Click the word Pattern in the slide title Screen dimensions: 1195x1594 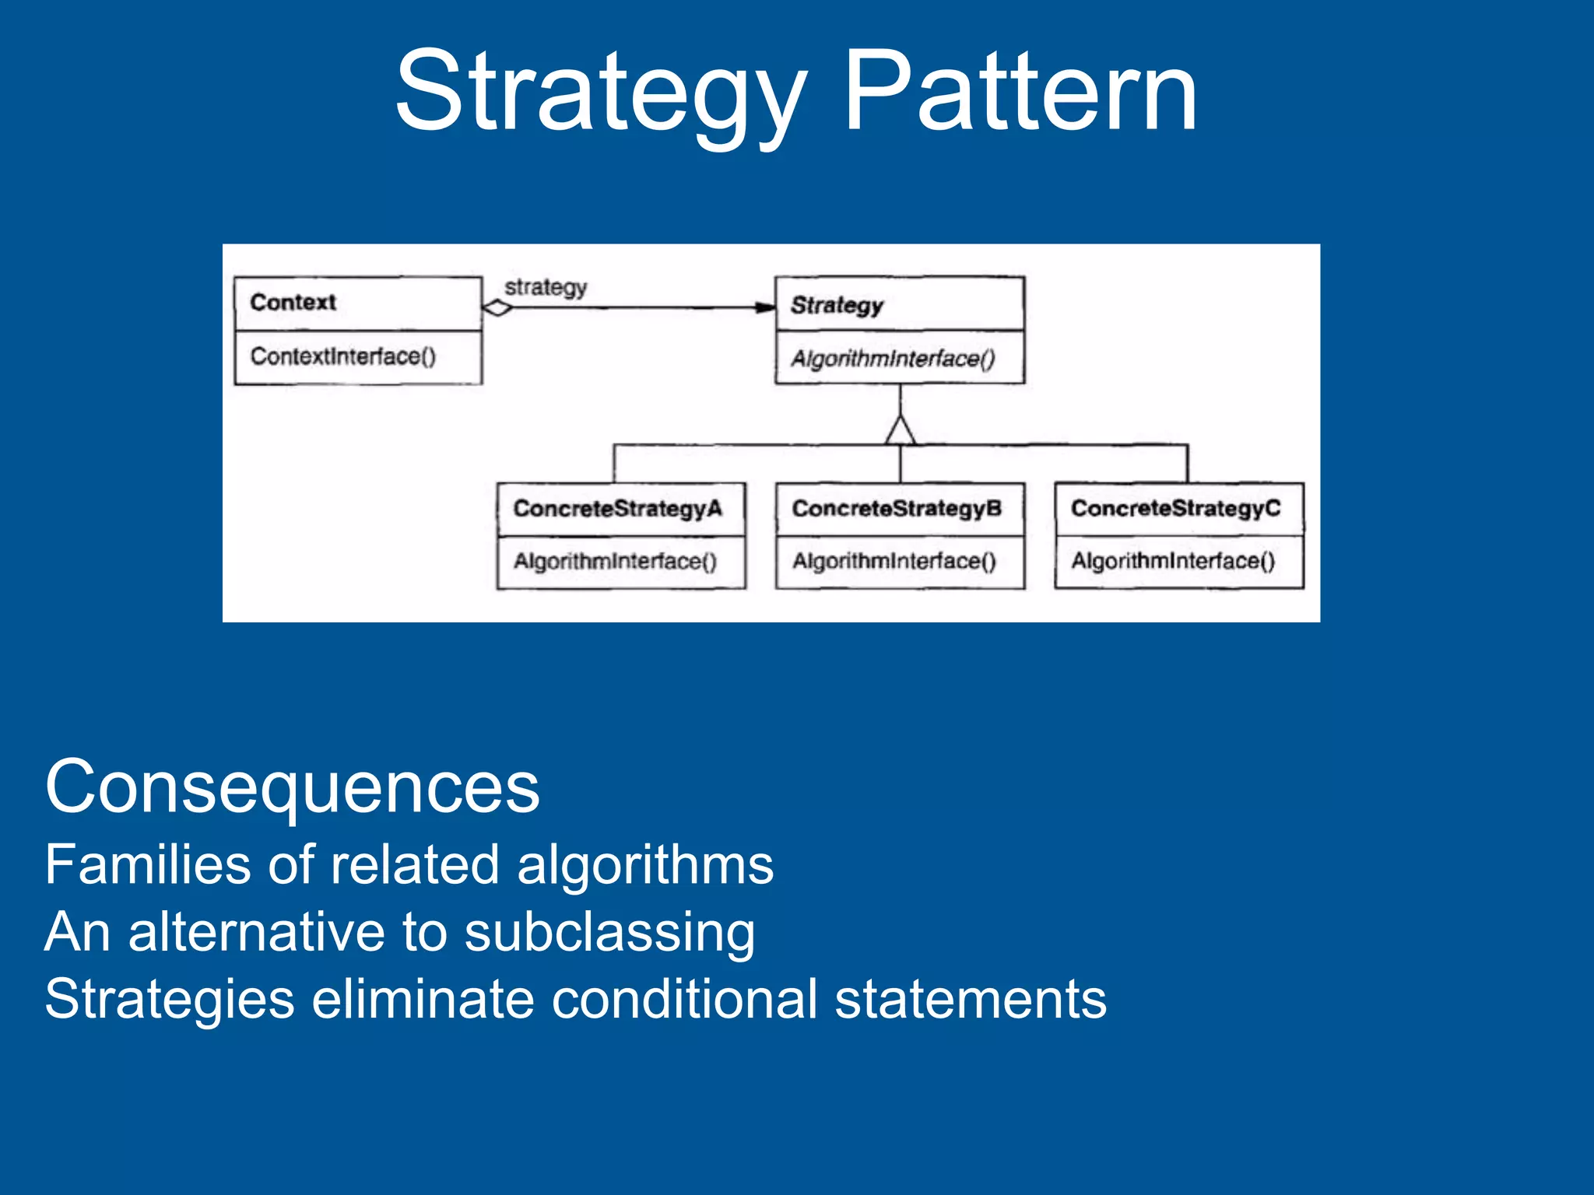coord(1020,92)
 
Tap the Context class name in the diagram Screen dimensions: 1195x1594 coord(293,302)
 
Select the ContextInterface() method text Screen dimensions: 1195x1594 coord(342,356)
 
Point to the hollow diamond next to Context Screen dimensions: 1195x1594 coord(497,308)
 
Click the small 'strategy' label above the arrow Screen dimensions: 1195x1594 coord(545,287)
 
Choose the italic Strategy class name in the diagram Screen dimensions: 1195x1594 coord(837,305)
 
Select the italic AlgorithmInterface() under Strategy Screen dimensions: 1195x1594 coord(893,359)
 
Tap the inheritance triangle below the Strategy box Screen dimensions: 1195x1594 coord(900,432)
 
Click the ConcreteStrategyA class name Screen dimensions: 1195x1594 coord(617,509)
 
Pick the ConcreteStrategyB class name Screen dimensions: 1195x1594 coord(897,509)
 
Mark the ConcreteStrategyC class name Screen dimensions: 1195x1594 coord(1175,509)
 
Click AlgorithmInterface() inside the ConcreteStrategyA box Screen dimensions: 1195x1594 coord(615,561)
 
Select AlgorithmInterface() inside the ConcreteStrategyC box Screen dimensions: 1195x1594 coord(1173,561)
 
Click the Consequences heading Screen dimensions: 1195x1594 coord(292,787)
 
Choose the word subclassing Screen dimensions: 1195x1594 coord(609,932)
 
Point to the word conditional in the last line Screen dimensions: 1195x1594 coord(684,999)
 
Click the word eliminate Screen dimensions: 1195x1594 coord(423,999)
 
